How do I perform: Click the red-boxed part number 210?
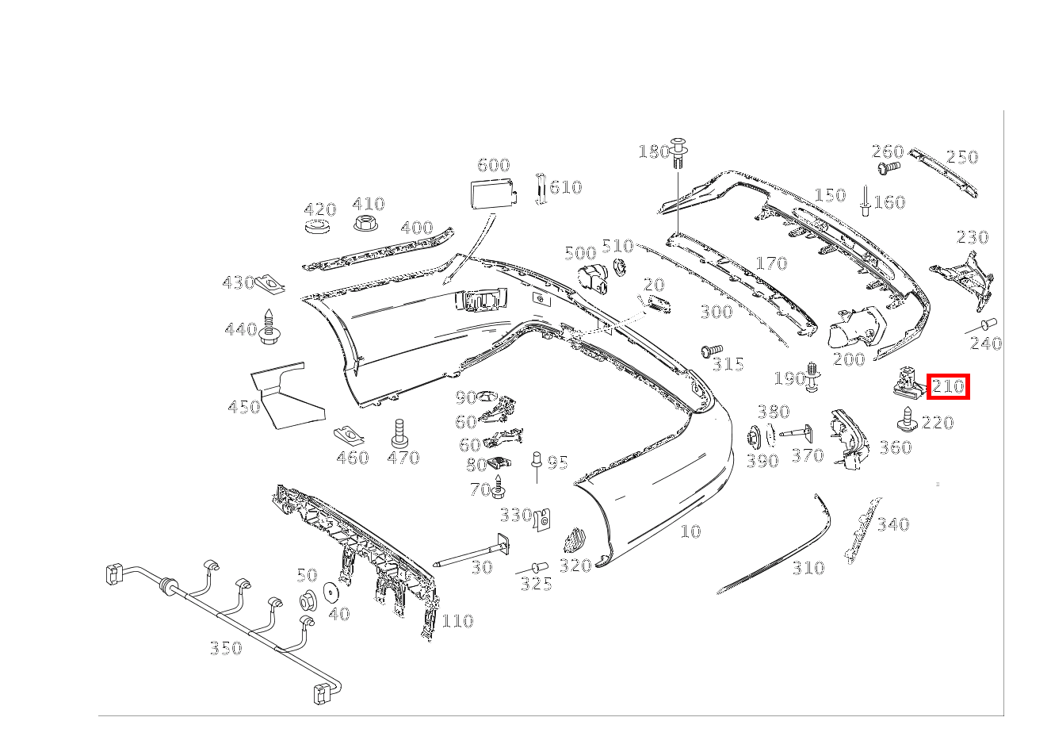(948, 387)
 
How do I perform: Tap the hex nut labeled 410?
(365, 224)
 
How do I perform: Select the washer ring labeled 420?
(319, 228)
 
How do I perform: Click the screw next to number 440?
(271, 327)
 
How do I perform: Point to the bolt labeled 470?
(399, 432)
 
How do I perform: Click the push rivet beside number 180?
(678, 152)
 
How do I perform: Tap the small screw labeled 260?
(889, 168)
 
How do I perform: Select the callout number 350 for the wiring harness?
(225, 648)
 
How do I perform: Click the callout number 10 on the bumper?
(690, 531)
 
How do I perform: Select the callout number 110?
(457, 620)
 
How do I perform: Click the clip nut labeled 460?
(345, 435)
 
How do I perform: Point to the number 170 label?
(770, 263)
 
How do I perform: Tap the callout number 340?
(892, 523)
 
